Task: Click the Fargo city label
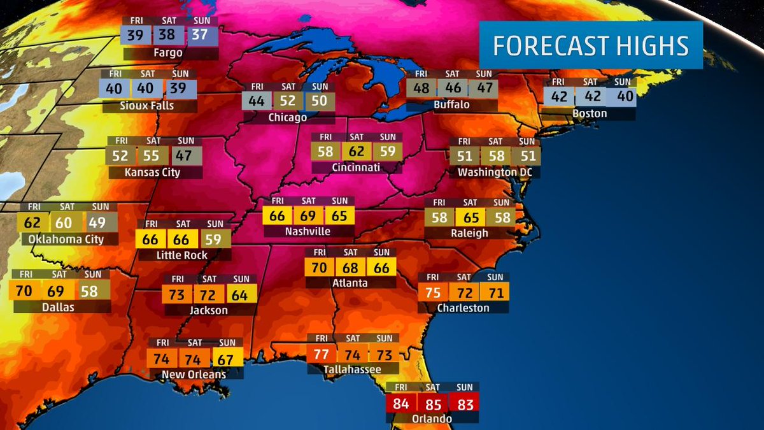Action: pyautogui.click(x=168, y=53)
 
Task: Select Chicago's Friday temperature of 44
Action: pyautogui.click(x=257, y=101)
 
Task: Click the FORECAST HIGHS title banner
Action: pyautogui.click(x=590, y=46)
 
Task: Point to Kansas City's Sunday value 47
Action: pyautogui.click(x=187, y=156)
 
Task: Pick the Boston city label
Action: pyautogui.click(x=589, y=113)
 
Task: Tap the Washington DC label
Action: pyautogui.click(x=494, y=172)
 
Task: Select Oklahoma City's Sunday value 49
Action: pyautogui.click(x=97, y=223)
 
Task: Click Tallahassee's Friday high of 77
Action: pyautogui.click(x=322, y=354)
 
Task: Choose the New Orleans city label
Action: pyautogui.click(x=194, y=374)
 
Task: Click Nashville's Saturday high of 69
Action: pyautogui.click(x=308, y=215)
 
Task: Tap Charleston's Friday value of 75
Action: pyautogui.click(x=433, y=292)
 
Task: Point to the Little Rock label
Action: pyautogui.click(x=181, y=255)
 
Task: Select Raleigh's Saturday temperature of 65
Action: pyautogui.click(x=472, y=217)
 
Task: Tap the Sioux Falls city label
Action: pyautogui.click(x=147, y=105)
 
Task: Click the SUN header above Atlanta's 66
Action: pyautogui.click(x=381, y=252)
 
